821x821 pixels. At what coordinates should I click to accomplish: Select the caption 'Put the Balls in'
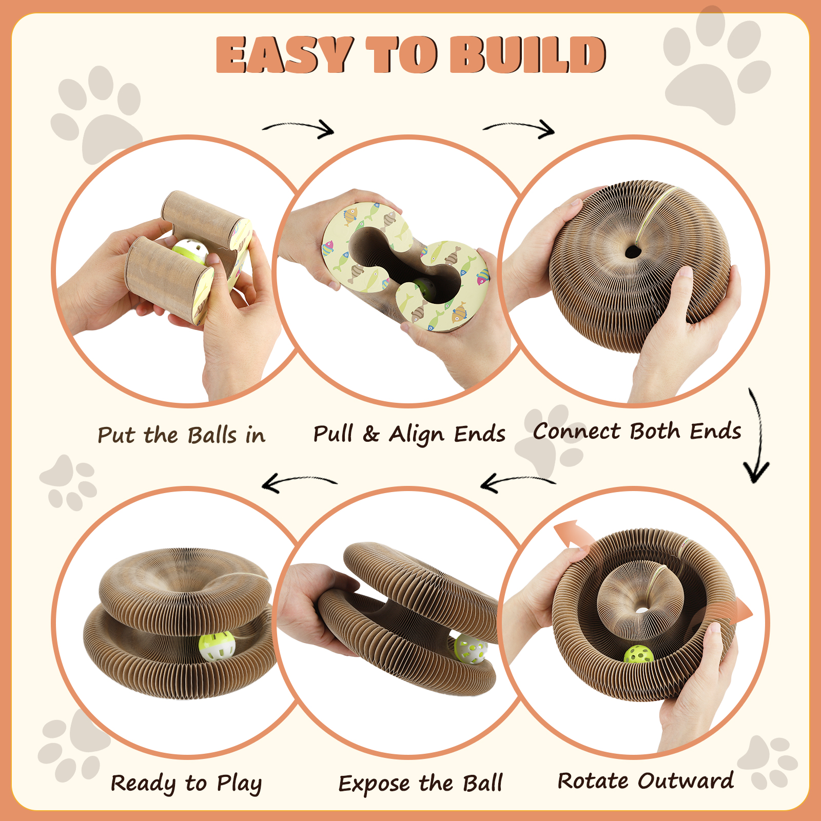click(182, 435)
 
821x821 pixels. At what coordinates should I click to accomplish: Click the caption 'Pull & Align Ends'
click(409, 434)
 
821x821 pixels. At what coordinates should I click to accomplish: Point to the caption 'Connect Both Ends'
click(637, 431)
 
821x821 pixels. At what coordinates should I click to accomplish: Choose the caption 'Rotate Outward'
click(646, 781)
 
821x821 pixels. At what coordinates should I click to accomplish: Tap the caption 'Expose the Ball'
click(420, 784)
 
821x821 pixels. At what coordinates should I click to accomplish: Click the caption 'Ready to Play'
click(186, 784)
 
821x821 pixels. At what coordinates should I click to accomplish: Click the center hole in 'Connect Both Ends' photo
click(633, 251)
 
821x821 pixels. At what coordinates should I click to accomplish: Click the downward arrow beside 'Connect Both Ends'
click(758, 436)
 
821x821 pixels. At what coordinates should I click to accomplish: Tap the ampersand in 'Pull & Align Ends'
click(370, 435)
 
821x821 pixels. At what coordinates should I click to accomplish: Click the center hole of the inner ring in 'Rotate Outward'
click(641, 610)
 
